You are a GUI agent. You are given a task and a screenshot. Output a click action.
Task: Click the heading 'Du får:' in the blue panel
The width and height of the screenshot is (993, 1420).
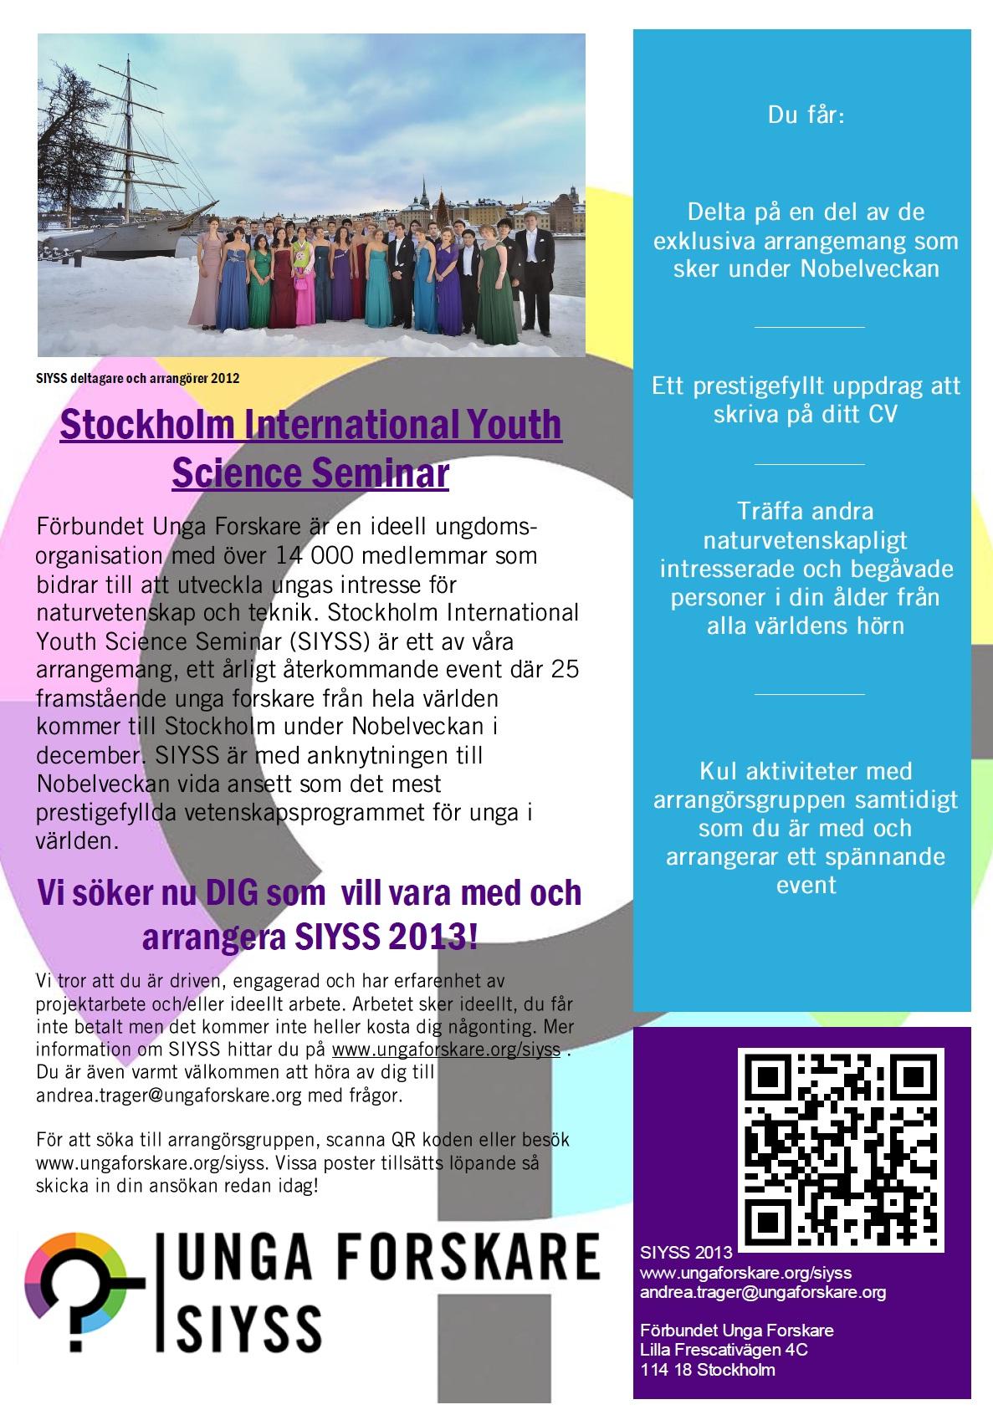806,115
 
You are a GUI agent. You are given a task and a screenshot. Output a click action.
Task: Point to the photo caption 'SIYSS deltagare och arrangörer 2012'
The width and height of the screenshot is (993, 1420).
138,379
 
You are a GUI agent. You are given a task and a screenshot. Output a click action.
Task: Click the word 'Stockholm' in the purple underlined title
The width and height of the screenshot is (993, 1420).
144,425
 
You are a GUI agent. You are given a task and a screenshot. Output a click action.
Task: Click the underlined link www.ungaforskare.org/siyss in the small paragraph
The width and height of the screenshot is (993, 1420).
446,1049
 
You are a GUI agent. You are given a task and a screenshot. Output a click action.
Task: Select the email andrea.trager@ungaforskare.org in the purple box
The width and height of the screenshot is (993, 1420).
762,1292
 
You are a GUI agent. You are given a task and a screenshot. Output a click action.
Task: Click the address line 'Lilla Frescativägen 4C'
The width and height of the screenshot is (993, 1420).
724,1350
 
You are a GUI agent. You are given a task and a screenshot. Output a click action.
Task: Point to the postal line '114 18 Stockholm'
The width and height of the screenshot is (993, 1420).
708,1370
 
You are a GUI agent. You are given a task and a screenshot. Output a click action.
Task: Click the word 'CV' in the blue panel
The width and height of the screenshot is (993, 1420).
881,414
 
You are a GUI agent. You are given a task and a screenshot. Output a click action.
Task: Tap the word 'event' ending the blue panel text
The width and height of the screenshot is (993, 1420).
806,885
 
